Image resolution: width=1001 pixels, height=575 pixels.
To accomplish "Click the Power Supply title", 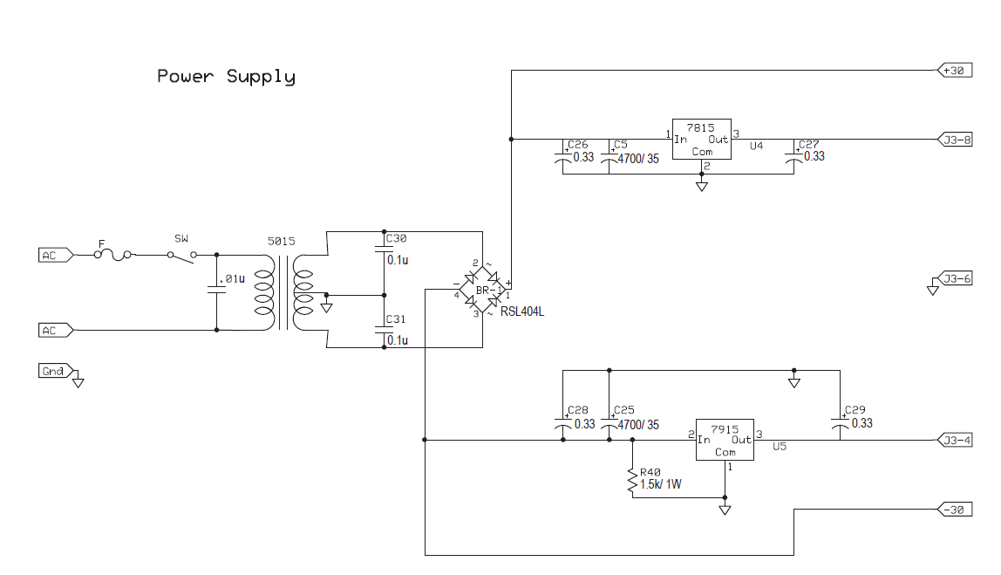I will (226, 77).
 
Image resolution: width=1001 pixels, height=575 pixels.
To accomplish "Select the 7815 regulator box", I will (701, 140).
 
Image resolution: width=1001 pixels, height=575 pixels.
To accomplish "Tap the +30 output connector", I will (952, 71).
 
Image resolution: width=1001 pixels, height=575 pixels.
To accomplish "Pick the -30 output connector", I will (952, 510).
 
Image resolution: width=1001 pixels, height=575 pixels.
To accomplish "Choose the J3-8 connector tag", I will (954, 139).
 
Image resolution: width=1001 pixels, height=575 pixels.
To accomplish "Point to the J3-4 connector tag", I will (954, 441).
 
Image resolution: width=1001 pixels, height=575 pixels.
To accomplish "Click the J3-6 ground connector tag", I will (954, 279).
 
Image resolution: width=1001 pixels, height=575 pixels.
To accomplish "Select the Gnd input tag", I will (53, 372).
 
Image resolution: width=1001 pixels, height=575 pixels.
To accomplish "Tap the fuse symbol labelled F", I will (113, 254).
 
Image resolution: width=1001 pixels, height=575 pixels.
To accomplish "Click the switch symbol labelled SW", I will (182, 254).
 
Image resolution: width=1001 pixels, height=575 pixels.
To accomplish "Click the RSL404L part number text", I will (522, 311).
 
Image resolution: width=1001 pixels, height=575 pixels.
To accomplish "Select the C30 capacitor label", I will (396, 238).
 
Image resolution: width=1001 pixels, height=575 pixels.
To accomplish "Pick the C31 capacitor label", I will (396, 319).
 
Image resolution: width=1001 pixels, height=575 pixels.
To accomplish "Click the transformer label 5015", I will (281, 241).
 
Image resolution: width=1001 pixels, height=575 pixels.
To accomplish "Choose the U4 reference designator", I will (757, 146).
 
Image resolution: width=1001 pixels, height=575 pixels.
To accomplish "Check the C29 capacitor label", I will (855, 409).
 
